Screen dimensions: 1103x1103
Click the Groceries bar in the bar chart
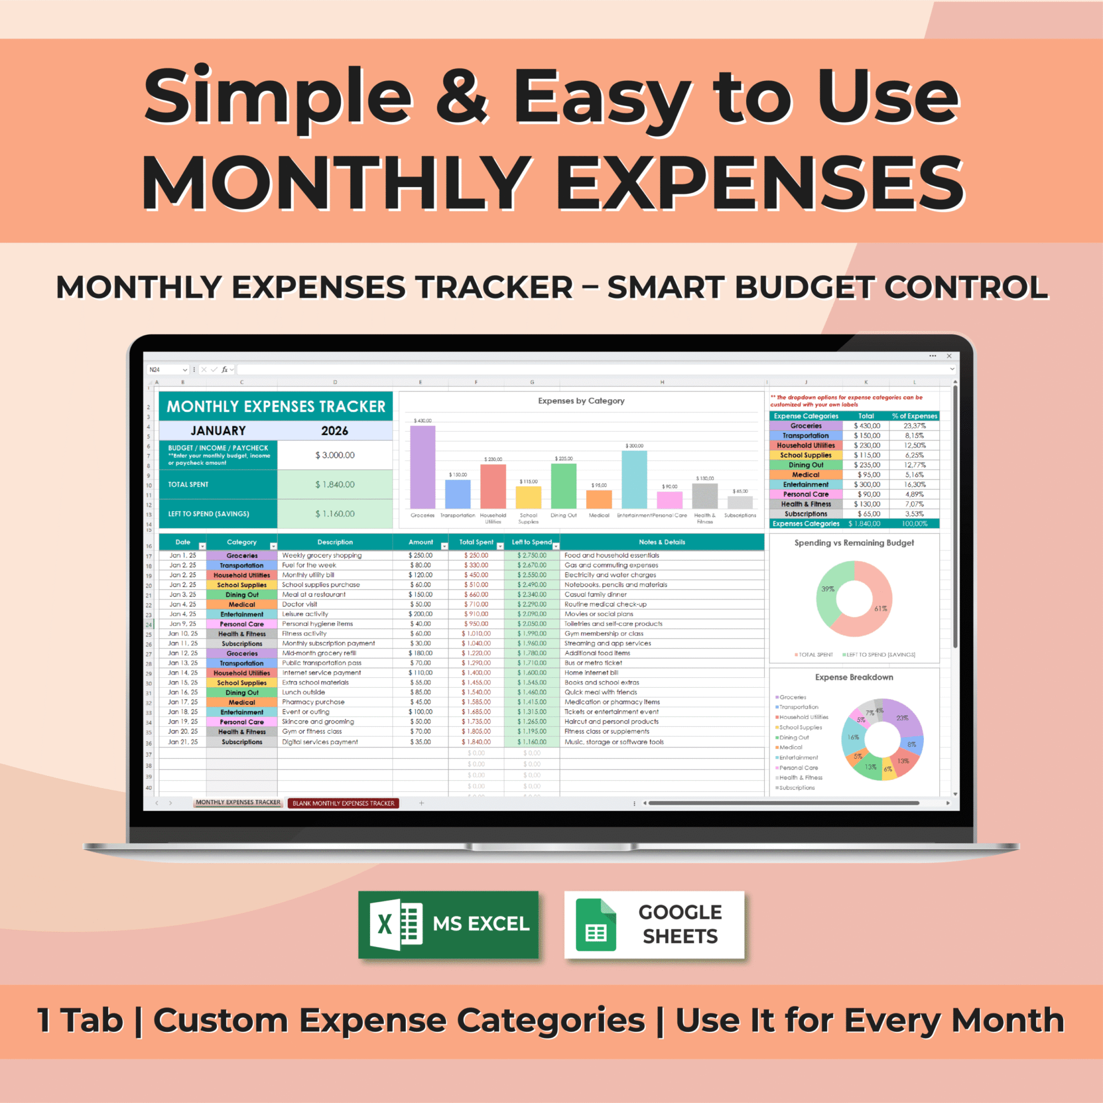[422, 467]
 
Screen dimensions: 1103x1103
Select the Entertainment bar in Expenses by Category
[634, 479]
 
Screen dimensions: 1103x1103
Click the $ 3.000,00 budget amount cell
[335, 455]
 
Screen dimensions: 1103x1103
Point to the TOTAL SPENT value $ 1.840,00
[335, 484]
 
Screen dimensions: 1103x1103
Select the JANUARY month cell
[218, 431]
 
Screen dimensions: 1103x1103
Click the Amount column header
[421, 542]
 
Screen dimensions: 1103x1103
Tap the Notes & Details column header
[662, 542]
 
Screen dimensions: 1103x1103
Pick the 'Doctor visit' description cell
[299, 604]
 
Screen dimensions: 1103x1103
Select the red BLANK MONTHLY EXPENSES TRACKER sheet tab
[343, 802]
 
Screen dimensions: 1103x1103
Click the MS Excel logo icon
[396, 924]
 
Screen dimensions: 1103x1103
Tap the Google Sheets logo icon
[596, 924]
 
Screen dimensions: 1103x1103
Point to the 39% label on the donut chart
[827, 588]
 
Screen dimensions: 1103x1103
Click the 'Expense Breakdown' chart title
[854, 677]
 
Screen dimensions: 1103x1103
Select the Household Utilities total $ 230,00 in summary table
[866, 445]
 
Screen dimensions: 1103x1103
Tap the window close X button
[949, 356]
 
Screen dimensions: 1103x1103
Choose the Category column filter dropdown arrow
[273, 547]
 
